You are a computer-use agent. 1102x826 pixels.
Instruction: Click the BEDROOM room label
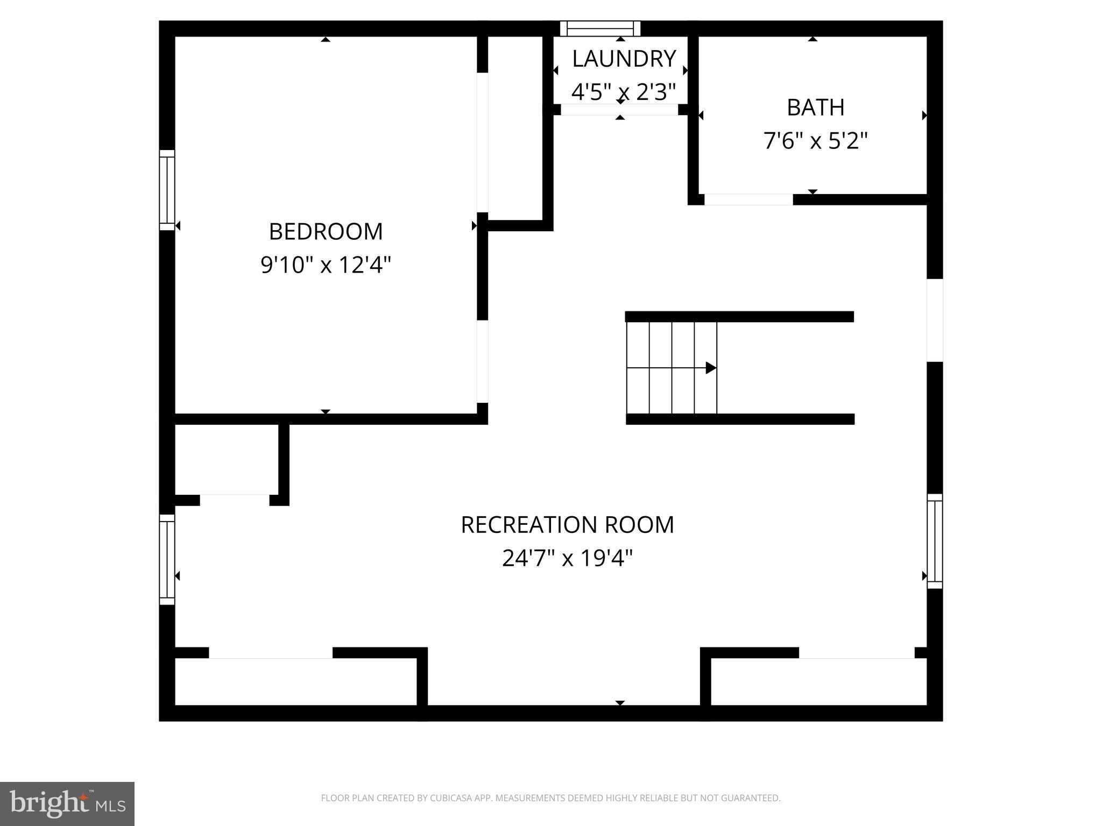pyautogui.click(x=326, y=232)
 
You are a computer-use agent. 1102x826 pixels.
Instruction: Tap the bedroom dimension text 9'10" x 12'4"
pyautogui.click(x=326, y=265)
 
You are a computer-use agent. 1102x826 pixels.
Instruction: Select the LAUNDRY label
pyautogui.click(x=623, y=59)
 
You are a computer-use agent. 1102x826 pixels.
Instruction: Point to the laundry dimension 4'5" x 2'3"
pyautogui.click(x=623, y=92)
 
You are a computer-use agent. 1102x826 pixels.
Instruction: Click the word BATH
pyautogui.click(x=815, y=108)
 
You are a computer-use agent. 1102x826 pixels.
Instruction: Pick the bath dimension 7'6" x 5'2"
pyautogui.click(x=815, y=141)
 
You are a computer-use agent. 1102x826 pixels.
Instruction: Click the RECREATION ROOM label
pyautogui.click(x=567, y=525)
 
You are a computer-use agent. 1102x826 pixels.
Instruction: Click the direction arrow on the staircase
pyautogui.click(x=710, y=368)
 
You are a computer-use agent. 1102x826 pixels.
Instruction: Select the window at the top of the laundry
pyautogui.click(x=600, y=29)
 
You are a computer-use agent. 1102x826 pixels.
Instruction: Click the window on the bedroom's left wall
pyautogui.click(x=167, y=190)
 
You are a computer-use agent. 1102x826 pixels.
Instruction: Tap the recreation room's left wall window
pyautogui.click(x=167, y=559)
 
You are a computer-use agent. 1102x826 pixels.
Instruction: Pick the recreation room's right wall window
pyautogui.click(x=935, y=541)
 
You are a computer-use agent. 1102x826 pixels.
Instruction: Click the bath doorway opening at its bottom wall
pyautogui.click(x=748, y=200)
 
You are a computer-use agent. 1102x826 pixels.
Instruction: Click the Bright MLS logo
pyautogui.click(x=67, y=803)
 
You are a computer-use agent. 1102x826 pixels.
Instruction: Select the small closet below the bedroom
pyautogui.click(x=226, y=459)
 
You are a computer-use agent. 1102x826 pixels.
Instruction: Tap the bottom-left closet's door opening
pyautogui.click(x=271, y=653)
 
